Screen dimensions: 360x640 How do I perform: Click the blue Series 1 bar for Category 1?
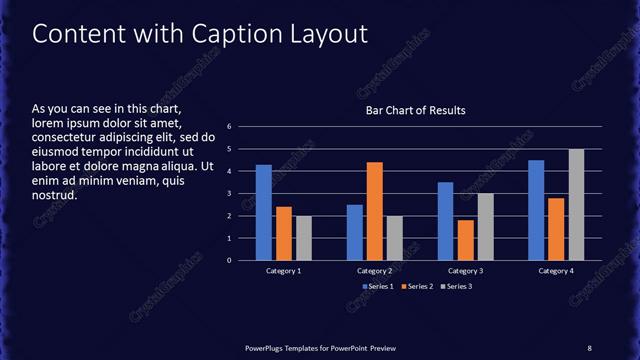click(x=264, y=212)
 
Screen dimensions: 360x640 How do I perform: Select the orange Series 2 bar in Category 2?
click(x=375, y=211)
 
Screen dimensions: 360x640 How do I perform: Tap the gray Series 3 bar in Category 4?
click(x=577, y=204)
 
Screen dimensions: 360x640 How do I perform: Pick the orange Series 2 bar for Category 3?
click(x=465, y=240)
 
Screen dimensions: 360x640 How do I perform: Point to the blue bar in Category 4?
click(x=536, y=210)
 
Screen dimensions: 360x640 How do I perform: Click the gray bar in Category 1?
click(x=303, y=238)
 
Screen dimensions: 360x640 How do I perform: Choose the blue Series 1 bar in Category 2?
click(x=355, y=232)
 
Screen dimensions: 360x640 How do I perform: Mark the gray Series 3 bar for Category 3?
click(x=485, y=227)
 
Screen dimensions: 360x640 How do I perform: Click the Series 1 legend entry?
click(x=376, y=287)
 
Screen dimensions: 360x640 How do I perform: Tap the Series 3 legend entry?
click(x=458, y=287)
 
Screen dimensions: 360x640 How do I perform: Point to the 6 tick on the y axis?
click(x=230, y=127)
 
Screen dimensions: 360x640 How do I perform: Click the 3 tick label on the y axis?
click(x=230, y=194)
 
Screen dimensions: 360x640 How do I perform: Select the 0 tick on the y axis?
click(x=230, y=260)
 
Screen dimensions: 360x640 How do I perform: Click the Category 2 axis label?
click(x=375, y=271)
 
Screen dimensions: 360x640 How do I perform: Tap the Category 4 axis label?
click(x=556, y=271)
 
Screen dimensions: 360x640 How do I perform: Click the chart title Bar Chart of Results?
click(x=414, y=110)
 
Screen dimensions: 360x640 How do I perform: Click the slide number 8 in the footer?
click(x=589, y=347)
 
